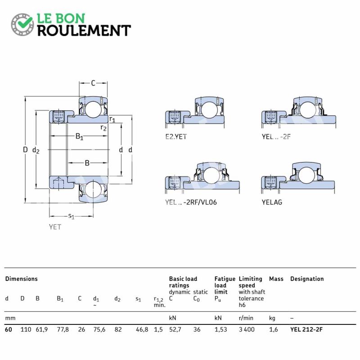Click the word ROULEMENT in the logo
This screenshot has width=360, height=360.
pyautogui.click(x=84, y=31)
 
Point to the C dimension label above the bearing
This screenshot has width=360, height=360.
pyautogui.click(x=93, y=83)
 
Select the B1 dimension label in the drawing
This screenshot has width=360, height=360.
pyautogui.click(x=79, y=137)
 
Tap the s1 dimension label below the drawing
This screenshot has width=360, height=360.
pyautogui.click(x=72, y=216)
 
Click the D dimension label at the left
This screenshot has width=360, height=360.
pyautogui.click(x=25, y=150)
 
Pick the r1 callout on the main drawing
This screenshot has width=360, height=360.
pyautogui.click(x=112, y=119)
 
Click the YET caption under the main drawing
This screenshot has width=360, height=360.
pyautogui.click(x=55, y=227)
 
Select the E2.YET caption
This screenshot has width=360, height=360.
pyautogui.click(x=176, y=137)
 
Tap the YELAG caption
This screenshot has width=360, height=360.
pyautogui.click(x=272, y=202)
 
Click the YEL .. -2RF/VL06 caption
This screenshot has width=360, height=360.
pyautogui.click(x=191, y=202)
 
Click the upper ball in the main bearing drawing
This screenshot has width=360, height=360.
pyautogui.click(x=93, y=109)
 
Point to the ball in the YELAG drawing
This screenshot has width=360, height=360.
pyautogui.click(x=307, y=175)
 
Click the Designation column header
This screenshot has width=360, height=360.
pyautogui.click(x=307, y=279)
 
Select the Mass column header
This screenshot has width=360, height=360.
pyautogui.click(x=276, y=279)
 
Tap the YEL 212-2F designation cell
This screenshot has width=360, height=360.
pyautogui.click(x=306, y=329)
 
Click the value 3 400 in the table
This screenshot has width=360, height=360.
pyautogui.click(x=247, y=329)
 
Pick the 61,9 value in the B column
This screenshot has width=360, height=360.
pyautogui.click(x=41, y=329)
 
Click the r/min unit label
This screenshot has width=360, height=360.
pyautogui.click(x=246, y=318)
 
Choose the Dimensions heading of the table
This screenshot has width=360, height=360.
pyautogui.click(x=21, y=279)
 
